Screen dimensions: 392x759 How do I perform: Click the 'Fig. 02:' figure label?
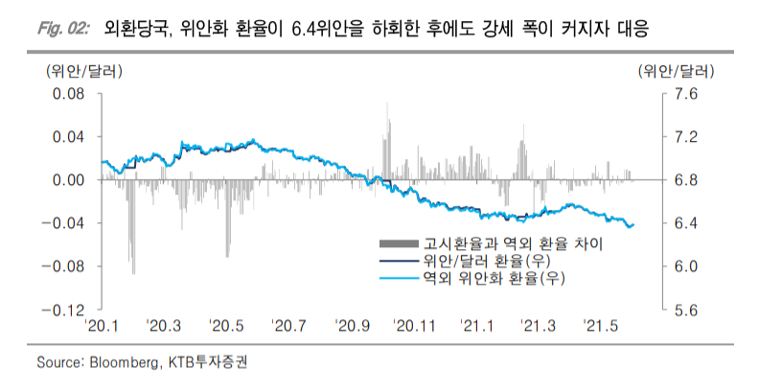tap(64, 30)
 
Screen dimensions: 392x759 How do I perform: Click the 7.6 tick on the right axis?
tap(688, 93)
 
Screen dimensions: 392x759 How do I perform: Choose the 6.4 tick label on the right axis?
tap(688, 223)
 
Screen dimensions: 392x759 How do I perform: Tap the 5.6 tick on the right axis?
tap(688, 311)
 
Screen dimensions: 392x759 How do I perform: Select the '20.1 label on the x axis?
tap(101, 327)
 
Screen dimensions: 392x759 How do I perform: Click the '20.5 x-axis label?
tap(227, 327)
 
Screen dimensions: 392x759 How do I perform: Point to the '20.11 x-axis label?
tap(415, 327)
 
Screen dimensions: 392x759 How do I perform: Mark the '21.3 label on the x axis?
tap(539, 327)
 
